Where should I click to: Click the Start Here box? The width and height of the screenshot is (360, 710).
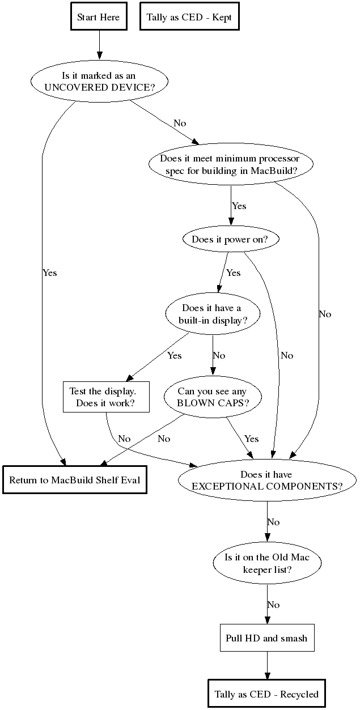(99, 18)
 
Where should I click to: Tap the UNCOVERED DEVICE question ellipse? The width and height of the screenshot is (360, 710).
(100, 82)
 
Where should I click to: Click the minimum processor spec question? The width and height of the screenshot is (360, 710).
(230, 165)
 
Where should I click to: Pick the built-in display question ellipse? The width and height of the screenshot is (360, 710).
(212, 314)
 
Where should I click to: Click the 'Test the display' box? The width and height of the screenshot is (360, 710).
(106, 397)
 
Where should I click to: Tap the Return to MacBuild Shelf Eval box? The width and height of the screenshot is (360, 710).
(75, 480)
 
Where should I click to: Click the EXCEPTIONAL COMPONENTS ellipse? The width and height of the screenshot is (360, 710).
(267, 480)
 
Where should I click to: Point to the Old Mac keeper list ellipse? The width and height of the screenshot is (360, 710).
(267, 563)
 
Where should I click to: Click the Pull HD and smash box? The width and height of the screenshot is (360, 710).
(266, 638)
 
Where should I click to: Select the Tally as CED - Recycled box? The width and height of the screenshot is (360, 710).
(266, 694)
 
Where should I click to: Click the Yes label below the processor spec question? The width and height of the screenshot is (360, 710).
(239, 206)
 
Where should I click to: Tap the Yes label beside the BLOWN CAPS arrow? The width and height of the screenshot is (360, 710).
(251, 439)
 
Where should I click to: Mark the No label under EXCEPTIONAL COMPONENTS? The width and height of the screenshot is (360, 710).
(273, 522)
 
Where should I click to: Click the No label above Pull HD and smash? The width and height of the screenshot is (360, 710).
(273, 605)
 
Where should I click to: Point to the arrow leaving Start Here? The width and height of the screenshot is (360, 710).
(99, 45)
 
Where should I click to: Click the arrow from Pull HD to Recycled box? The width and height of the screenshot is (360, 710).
(266, 665)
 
